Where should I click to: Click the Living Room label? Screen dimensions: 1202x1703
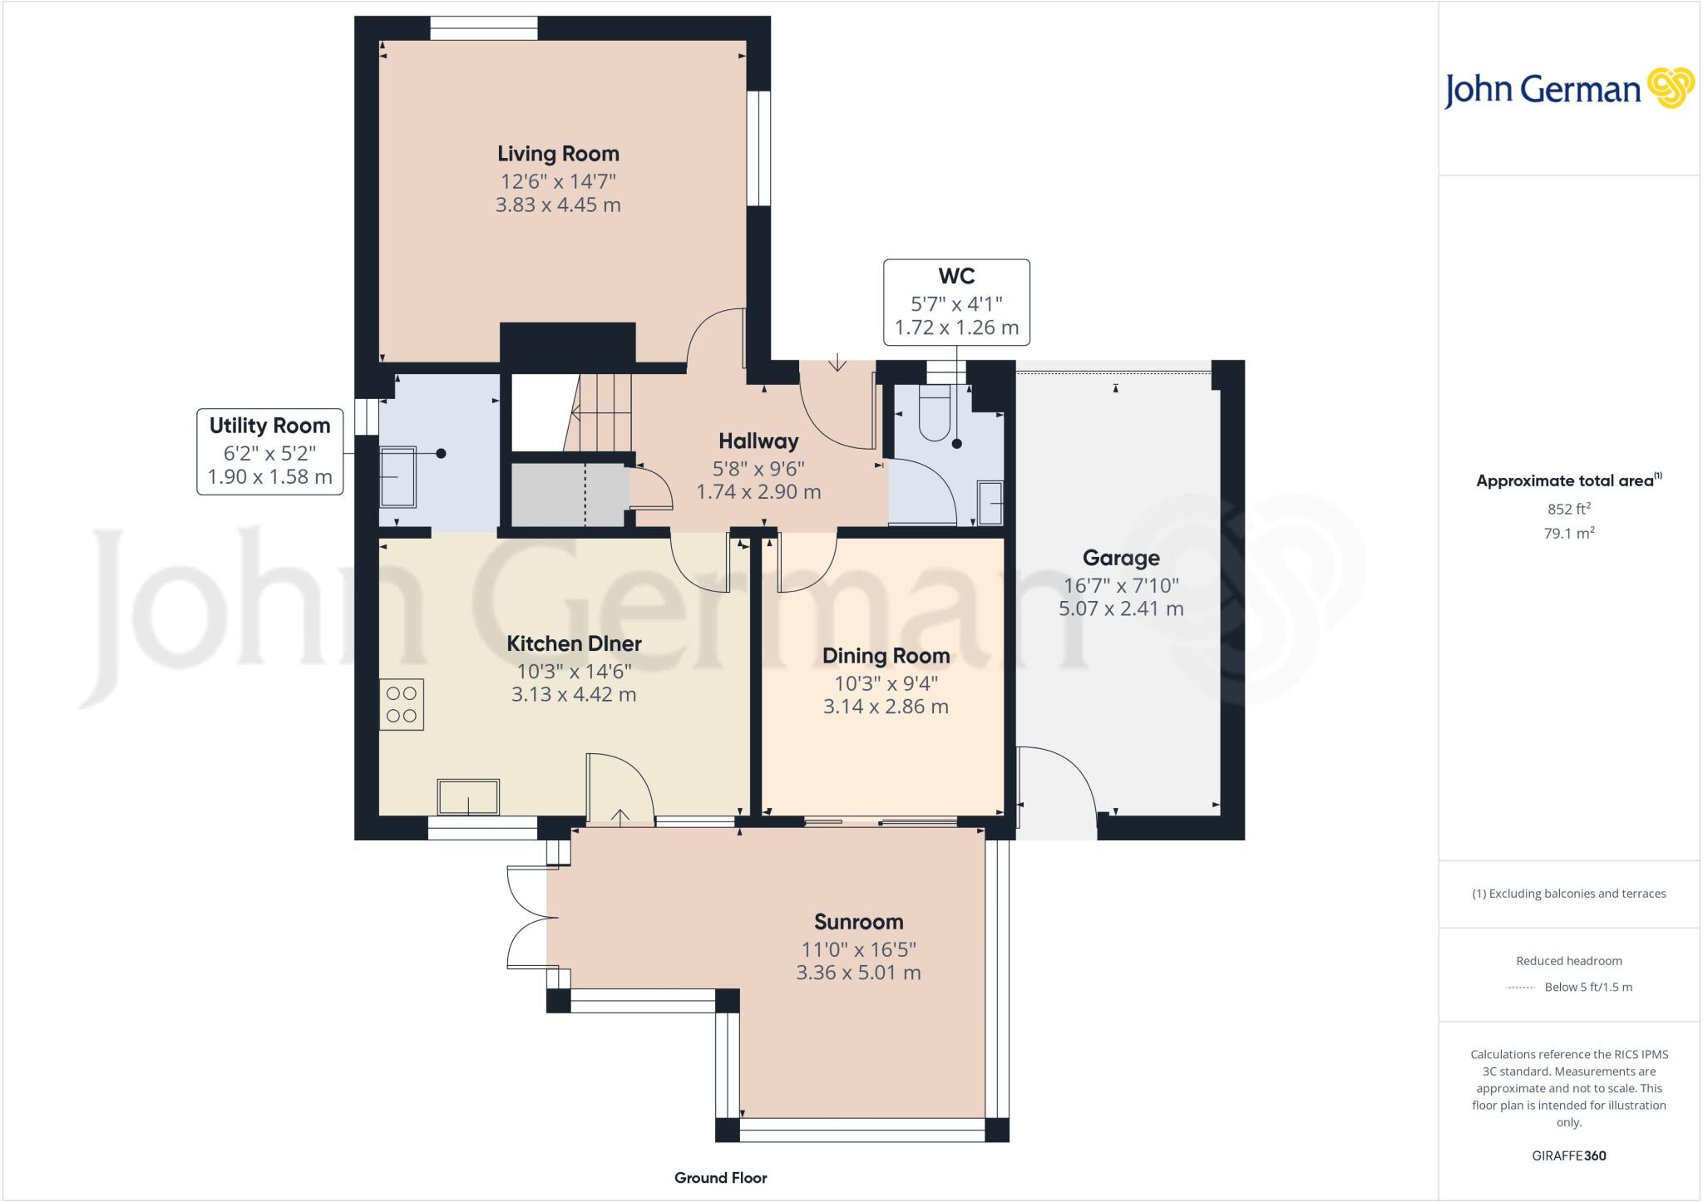[558, 154]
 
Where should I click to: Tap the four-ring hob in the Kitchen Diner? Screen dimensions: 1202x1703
[402, 705]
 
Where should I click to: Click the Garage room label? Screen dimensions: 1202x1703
[1121, 558]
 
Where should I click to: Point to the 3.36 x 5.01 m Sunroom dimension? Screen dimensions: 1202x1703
[858, 973]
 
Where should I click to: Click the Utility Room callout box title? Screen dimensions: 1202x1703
[269, 426]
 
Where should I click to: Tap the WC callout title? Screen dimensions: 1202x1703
[956, 276]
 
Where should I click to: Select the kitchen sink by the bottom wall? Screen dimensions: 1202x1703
[468, 796]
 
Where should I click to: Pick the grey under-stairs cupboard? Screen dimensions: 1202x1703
[568, 495]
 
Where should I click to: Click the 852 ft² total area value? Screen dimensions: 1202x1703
[1569, 509]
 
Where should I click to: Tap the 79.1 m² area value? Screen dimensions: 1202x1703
[1569, 533]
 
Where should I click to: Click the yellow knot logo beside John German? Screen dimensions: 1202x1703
[1670, 88]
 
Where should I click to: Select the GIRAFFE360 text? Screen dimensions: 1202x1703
[1569, 1155]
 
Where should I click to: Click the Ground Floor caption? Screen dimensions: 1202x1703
[720, 1177]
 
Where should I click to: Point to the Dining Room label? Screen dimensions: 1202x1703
[886, 656]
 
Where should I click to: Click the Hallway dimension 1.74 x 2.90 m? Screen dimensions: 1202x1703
[758, 491]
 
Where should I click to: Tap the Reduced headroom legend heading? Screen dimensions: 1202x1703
[1569, 961]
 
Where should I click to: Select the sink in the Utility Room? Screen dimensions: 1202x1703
[397, 477]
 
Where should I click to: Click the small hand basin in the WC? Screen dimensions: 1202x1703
[990, 503]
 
